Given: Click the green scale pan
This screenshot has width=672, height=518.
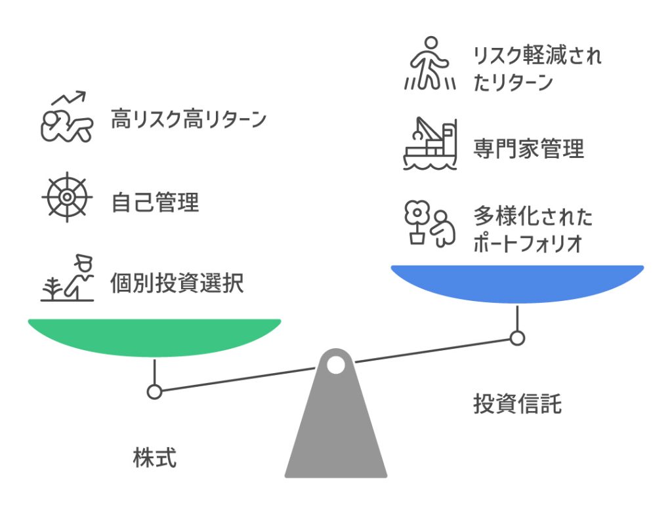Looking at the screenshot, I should click(154, 336).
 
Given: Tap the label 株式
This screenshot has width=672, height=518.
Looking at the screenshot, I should click(155, 458).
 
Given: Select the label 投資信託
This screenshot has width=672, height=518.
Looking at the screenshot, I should click(517, 403).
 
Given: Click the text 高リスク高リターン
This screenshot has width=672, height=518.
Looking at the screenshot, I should click(188, 120).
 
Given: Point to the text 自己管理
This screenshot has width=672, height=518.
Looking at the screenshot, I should click(155, 203).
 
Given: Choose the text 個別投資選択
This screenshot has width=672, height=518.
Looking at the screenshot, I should click(177, 283).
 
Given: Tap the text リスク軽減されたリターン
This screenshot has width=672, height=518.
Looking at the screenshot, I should click(537, 70).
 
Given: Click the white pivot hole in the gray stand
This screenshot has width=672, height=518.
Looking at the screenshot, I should click(335, 364).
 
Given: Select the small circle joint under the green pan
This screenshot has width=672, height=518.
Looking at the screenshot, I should click(154, 392).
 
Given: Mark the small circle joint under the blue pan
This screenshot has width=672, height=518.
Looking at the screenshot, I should click(517, 338).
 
